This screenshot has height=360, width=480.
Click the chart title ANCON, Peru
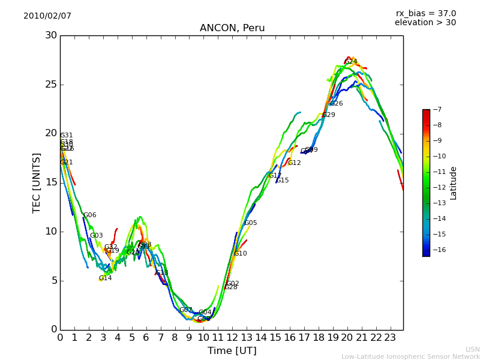click(232, 28)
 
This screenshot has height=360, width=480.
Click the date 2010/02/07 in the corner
click(47, 16)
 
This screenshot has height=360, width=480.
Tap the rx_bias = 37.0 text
click(425, 13)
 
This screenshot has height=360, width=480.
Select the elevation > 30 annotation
click(425, 23)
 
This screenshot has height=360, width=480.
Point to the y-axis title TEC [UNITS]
click(37, 182)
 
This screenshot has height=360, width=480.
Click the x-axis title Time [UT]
click(232, 351)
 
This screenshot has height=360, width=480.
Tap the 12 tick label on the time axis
click(232, 338)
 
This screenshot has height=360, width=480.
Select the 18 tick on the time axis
click(318, 338)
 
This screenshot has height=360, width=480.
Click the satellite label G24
click(350, 62)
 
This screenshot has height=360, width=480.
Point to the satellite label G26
click(336, 104)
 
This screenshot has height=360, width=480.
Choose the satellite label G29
click(328, 115)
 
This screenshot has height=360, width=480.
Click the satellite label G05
click(250, 223)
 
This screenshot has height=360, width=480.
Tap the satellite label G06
click(89, 215)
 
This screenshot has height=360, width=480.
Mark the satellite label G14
click(105, 278)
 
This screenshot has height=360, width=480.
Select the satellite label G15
click(282, 181)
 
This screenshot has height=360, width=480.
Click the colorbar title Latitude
click(454, 182)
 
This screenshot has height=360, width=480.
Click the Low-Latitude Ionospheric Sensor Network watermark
click(410, 356)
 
